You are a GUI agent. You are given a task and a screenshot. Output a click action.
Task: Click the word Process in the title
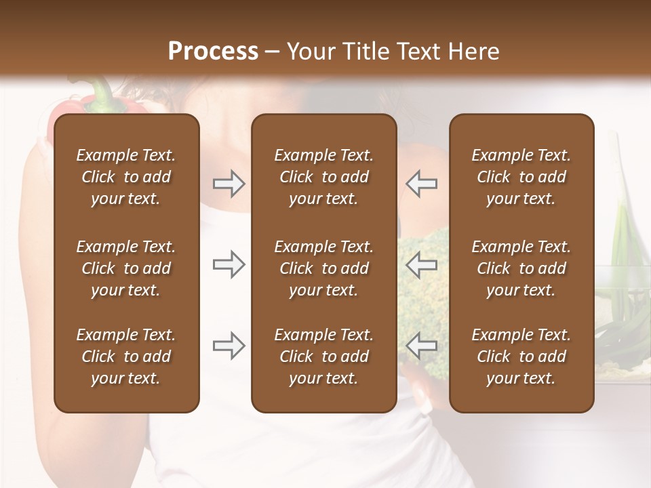tap(213, 52)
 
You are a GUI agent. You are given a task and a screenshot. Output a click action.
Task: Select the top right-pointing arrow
tap(229, 184)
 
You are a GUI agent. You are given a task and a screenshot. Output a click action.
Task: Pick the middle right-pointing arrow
tap(229, 264)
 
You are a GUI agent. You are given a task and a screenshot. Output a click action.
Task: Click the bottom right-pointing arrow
tap(229, 346)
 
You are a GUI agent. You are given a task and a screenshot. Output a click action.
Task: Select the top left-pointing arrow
tap(422, 184)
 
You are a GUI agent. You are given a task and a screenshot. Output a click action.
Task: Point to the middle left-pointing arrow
tap(422, 264)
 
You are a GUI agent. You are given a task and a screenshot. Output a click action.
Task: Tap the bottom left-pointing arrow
tap(422, 346)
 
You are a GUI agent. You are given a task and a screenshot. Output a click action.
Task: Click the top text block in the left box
tap(126, 177)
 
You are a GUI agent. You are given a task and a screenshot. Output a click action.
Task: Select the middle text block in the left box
tap(126, 268)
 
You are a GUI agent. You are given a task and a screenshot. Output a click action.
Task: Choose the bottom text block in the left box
tap(126, 357)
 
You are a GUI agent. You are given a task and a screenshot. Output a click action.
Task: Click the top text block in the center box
tap(323, 177)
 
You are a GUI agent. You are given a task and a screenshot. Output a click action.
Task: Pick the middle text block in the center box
tap(323, 268)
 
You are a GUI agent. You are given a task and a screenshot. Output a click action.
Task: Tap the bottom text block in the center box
tap(323, 357)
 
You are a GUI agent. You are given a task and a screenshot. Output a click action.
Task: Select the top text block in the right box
tap(521, 177)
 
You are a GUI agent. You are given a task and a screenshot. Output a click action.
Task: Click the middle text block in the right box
tap(521, 268)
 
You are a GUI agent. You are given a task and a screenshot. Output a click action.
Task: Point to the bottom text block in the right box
tap(521, 357)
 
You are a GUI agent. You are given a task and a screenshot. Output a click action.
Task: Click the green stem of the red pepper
tap(101, 95)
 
